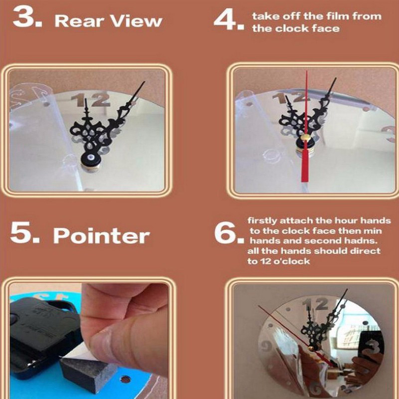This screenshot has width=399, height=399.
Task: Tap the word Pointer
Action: coord(101,235)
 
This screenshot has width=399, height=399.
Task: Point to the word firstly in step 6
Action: coord(262,220)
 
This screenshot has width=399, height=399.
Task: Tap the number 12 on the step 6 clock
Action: coord(315,304)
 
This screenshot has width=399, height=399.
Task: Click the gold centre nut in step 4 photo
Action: coord(305,138)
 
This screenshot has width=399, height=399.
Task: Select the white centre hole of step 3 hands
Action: coord(91,157)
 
